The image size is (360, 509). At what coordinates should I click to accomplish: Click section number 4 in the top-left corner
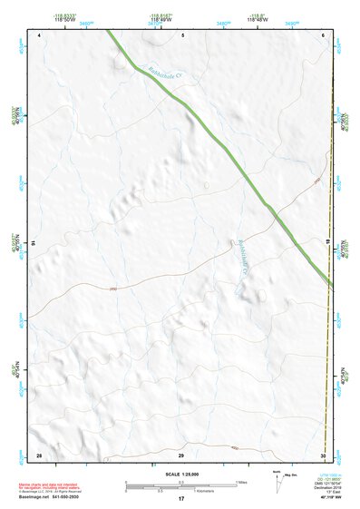point(40,35)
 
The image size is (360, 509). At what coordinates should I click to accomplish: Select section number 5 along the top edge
point(182,35)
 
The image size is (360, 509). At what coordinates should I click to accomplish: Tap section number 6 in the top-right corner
point(324,35)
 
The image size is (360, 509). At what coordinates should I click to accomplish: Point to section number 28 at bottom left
point(39,454)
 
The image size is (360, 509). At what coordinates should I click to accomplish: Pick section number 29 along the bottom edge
point(181,454)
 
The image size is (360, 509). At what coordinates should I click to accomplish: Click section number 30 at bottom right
point(323,454)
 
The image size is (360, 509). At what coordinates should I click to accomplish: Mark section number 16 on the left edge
point(34,244)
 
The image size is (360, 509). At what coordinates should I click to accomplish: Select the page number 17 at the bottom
point(181,498)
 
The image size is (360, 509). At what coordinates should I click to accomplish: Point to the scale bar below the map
point(181,486)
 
